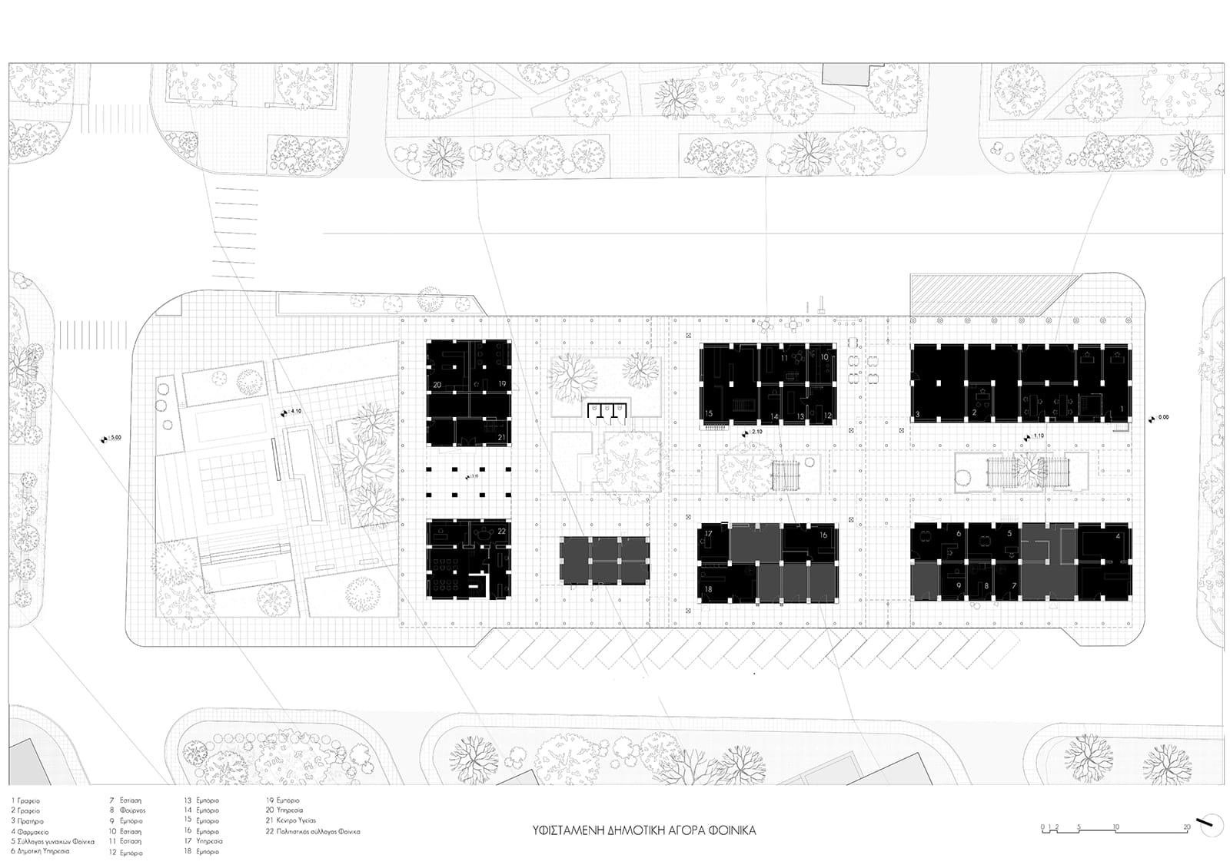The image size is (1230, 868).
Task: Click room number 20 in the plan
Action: (437, 384)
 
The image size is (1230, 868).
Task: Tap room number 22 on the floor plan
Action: (501, 531)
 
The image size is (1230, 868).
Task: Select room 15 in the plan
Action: (708, 414)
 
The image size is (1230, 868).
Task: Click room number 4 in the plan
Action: (1118, 536)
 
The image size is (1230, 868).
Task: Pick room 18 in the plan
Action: (708, 589)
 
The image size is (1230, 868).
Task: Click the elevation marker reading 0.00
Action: (1159, 418)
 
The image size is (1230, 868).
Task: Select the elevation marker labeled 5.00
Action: (112, 439)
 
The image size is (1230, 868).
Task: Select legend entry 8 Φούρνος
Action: (128, 810)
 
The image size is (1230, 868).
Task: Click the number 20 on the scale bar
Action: (1187, 827)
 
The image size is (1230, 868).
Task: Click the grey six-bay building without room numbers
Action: (604, 561)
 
